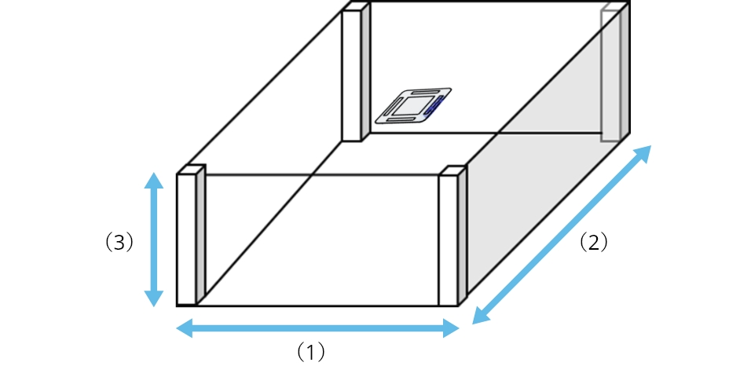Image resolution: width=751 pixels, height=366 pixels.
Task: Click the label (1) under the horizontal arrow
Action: pos(310,352)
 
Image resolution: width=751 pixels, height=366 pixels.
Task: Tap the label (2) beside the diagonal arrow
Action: pos(593,243)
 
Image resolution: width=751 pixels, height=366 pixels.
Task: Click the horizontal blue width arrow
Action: pos(317,328)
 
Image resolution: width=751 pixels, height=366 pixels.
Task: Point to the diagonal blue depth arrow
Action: pos(562,234)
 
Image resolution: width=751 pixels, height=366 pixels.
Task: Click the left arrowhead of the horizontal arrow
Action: pos(184,328)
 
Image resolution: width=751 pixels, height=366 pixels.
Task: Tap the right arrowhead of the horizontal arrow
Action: pos(451,328)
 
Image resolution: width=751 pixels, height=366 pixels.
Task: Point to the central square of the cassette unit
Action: pos(410,108)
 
